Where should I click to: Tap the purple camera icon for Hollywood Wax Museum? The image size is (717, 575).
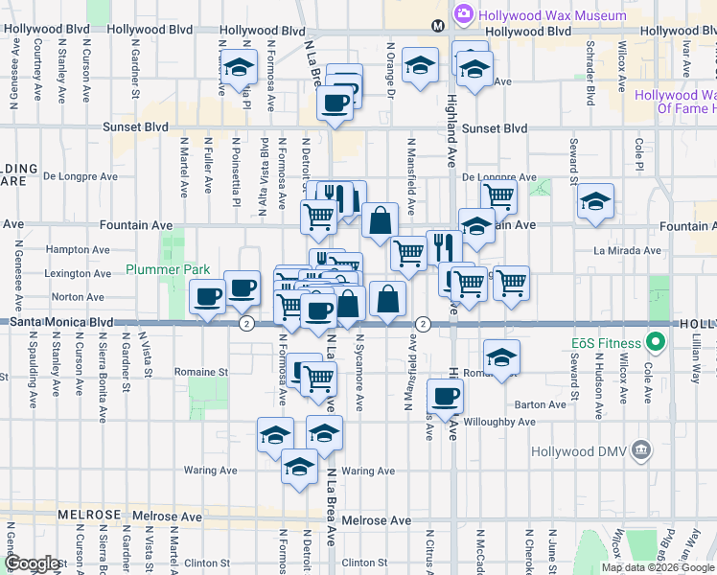(465, 15)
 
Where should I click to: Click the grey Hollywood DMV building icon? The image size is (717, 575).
(640, 450)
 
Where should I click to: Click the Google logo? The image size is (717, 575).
(34, 563)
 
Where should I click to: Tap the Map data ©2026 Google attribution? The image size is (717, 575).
(658, 567)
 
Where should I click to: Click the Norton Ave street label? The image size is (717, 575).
(81, 297)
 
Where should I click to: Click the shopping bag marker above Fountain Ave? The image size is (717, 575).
(381, 220)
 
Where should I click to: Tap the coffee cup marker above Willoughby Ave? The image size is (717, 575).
(444, 395)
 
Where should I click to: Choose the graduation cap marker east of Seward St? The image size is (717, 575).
(595, 202)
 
